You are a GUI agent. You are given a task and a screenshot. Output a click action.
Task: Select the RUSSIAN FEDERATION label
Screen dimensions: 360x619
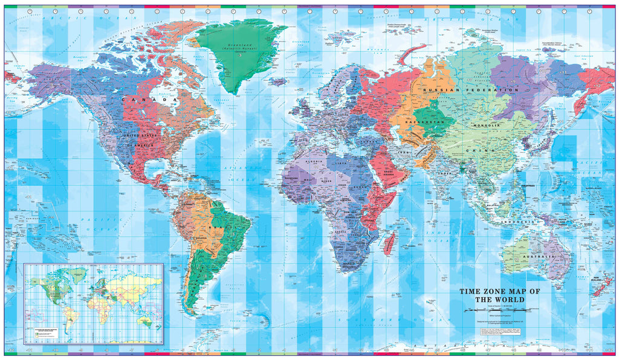click(x=471, y=90)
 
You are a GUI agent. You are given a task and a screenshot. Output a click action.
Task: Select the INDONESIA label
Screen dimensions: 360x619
click(x=517, y=222)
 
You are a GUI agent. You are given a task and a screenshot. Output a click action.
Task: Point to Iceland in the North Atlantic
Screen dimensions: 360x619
click(x=276, y=81)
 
